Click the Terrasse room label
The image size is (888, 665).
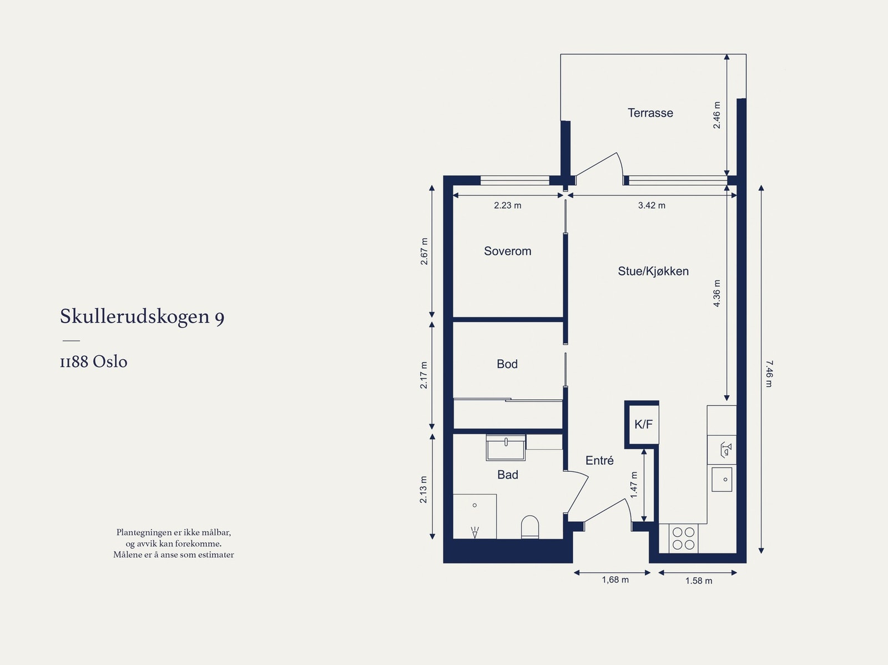650,113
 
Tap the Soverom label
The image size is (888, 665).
507,251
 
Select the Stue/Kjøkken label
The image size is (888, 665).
653,271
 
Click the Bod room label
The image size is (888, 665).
507,364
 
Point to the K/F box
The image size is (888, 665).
643,425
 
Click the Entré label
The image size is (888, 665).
599,460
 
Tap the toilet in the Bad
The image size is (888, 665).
530,527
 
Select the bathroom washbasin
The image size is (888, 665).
506,447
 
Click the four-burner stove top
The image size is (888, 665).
683,538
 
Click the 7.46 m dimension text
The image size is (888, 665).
768,374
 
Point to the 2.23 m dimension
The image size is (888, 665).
507,205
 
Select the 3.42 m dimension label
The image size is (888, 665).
652,205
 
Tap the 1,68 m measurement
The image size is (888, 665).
615,580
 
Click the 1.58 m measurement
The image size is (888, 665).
698,581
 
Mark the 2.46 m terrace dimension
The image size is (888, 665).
717,115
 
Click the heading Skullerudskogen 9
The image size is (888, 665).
142,316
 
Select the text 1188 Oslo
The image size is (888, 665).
94,362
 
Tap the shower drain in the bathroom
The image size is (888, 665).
475,505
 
